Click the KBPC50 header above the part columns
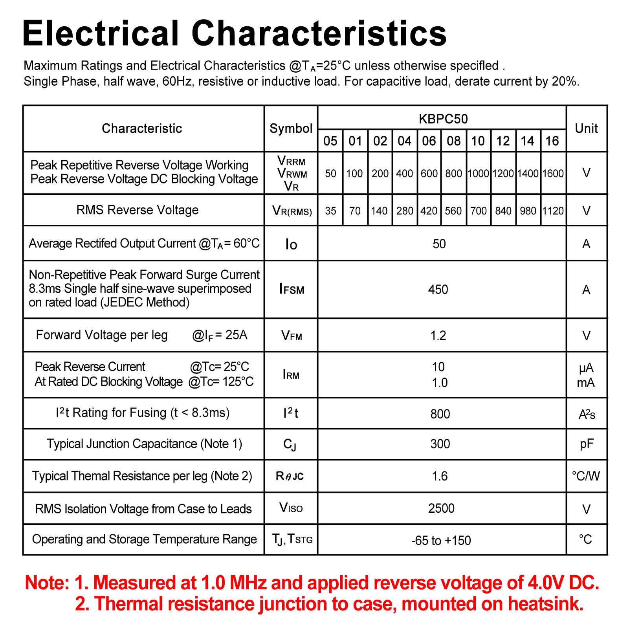pyautogui.click(x=443, y=119)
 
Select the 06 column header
pyautogui.click(x=429, y=141)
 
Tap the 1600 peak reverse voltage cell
pyautogui.click(x=553, y=173)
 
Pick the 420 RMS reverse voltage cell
pyautogui.click(x=429, y=211)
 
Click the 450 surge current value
pyautogui.click(x=438, y=290)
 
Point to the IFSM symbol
pyautogui.click(x=292, y=290)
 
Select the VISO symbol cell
pyautogui.click(x=291, y=508)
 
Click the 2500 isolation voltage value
pyautogui.click(x=441, y=508)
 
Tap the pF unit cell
pyautogui.click(x=587, y=444)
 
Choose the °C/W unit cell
pyautogui.click(x=586, y=476)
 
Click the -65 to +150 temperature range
pyautogui.click(x=441, y=541)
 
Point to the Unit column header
pyautogui.click(x=586, y=128)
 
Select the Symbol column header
pyautogui.click(x=291, y=128)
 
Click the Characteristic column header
pyautogui.click(x=142, y=128)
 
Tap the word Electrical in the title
pyautogui.click(x=101, y=33)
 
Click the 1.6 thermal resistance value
pyautogui.click(x=440, y=476)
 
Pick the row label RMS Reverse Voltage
pyautogui.click(x=138, y=210)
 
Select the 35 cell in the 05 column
pyautogui.click(x=330, y=211)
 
